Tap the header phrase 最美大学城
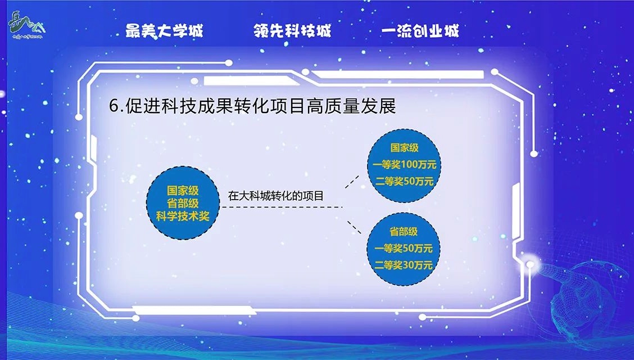click(164, 31)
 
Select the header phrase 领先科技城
click(292, 31)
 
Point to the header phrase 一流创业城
click(420, 31)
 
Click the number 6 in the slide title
click(115, 106)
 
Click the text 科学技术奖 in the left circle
click(183, 217)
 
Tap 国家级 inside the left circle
click(183, 191)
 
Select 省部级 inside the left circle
click(183, 204)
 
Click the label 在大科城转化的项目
click(276, 196)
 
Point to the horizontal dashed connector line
click(282, 207)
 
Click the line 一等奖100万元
click(404, 165)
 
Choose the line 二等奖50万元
click(404, 181)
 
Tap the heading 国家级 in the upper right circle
click(404, 147)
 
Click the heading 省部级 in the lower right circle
click(403, 232)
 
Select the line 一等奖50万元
click(403, 248)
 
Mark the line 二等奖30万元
click(403, 265)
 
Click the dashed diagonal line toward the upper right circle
click(352, 182)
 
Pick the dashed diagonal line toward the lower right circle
click(354, 227)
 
